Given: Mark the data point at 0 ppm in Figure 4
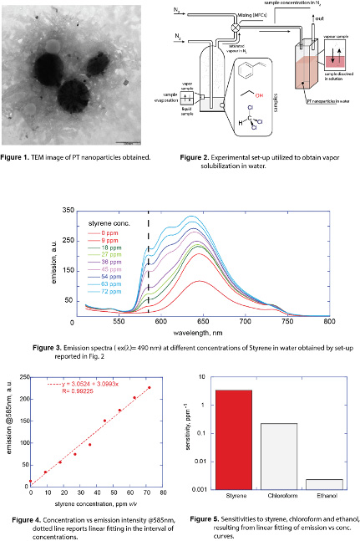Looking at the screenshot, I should [31, 482].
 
